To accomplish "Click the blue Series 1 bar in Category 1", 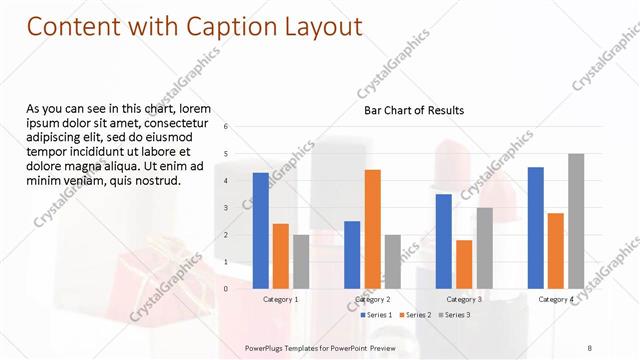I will (261, 230).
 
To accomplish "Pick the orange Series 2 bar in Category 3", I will (464, 264).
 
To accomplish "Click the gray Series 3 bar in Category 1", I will (301, 261).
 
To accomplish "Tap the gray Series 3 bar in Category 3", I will (484, 247).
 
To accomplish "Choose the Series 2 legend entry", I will (417, 315).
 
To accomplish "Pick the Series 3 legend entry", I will (455, 315).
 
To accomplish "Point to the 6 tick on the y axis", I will (227, 127).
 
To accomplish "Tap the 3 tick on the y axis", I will (227, 208).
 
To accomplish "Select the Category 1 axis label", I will (281, 299).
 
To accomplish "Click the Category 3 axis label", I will (464, 299).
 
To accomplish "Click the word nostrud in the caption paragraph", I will (154, 181).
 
